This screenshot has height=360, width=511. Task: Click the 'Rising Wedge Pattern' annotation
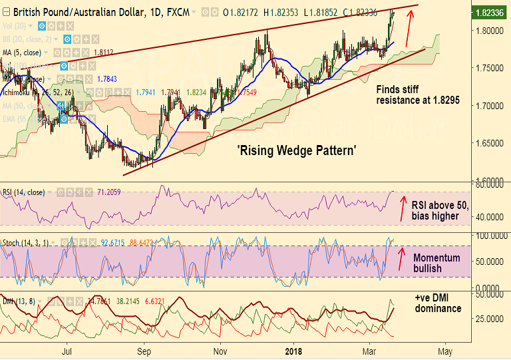point(296,151)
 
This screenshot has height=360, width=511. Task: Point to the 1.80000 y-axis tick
point(492,31)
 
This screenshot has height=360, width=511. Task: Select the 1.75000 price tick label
point(492,68)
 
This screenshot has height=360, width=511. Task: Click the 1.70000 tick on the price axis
point(492,105)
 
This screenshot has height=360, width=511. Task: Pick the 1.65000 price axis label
point(492,142)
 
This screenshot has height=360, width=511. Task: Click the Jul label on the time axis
point(67,351)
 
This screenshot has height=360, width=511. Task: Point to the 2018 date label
point(293,351)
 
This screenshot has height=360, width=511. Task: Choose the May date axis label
point(445,351)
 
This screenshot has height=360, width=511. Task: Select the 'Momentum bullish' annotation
point(436,263)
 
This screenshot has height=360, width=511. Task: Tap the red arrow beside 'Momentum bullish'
point(401,258)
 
